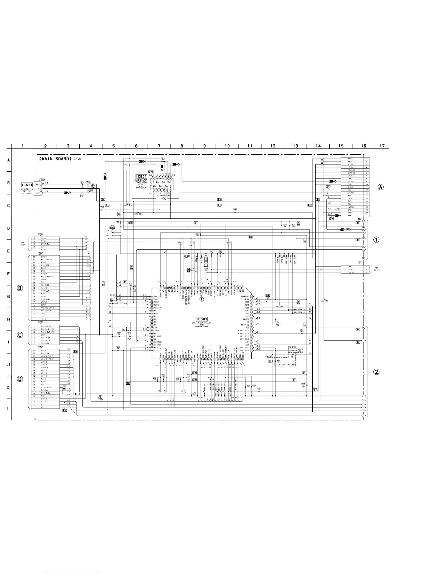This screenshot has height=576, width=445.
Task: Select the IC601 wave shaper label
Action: (141, 176)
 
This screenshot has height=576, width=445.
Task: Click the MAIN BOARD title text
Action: (55, 159)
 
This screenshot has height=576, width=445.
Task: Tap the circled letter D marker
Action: (20, 379)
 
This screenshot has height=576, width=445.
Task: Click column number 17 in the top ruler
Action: (382, 146)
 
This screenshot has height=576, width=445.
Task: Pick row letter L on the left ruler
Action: (8, 409)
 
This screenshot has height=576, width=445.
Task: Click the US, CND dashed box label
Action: (292, 347)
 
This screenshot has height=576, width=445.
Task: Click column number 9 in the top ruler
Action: (204, 146)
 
